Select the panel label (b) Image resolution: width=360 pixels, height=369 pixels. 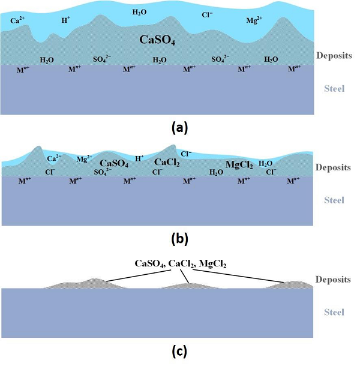179,238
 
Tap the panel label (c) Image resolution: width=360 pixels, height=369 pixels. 180,352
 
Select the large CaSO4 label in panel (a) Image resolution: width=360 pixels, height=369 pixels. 157,41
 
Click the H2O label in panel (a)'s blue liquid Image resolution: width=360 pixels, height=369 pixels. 139,11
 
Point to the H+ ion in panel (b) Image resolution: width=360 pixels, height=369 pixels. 139,158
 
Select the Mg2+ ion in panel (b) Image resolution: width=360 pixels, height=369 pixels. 83,159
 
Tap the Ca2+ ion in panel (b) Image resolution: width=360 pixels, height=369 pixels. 54,158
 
